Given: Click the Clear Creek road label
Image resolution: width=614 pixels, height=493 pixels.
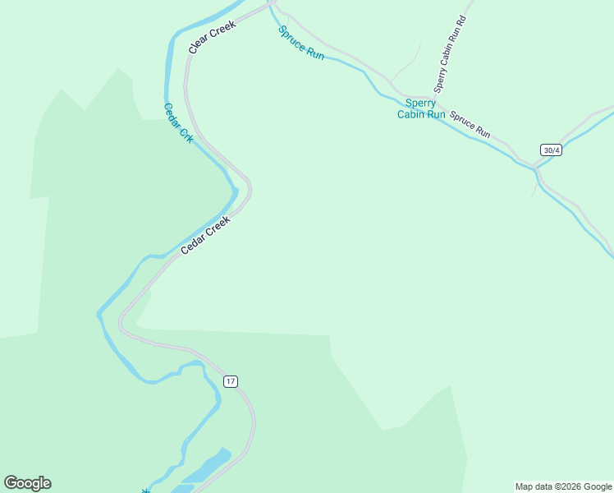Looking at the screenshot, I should [x=212, y=37].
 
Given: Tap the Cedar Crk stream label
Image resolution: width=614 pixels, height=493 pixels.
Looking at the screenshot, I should [x=178, y=123].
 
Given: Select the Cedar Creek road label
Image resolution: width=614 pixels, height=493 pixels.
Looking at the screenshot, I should [x=206, y=234].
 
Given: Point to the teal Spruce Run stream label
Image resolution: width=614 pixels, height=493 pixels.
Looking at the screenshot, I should [x=301, y=43].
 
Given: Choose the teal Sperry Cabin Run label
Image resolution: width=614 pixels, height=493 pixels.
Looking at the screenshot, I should [x=421, y=108].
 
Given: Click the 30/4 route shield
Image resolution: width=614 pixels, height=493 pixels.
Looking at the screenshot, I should [x=551, y=150].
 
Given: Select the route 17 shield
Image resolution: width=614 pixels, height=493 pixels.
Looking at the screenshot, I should [x=231, y=381].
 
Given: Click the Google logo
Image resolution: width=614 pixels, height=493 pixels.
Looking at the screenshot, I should [x=27, y=483].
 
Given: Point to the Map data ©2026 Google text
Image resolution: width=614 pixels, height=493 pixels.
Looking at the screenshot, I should [x=564, y=486].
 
